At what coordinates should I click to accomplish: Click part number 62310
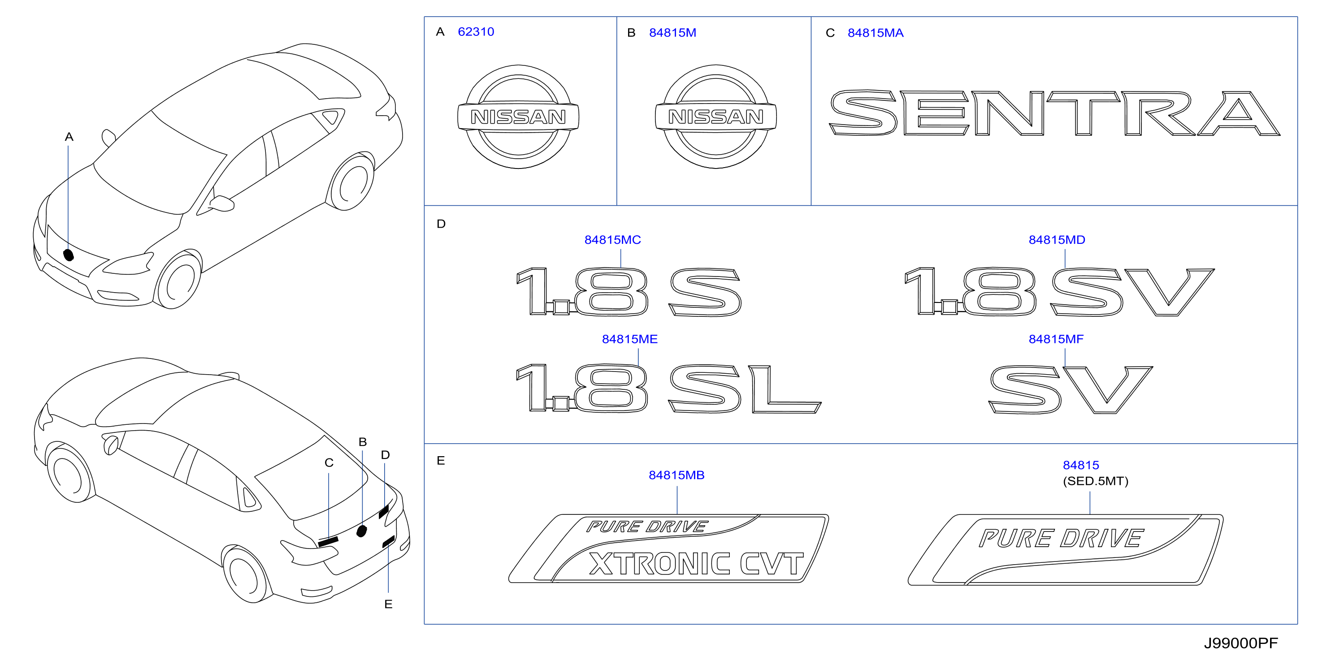pyautogui.click(x=476, y=32)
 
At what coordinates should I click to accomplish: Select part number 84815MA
pyautogui.click(x=875, y=33)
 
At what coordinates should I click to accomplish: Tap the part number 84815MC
pyautogui.click(x=612, y=240)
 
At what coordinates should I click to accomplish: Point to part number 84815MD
pyautogui.click(x=1057, y=240)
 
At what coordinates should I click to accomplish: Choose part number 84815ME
pyautogui.click(x=629, y=339)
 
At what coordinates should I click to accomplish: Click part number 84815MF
pyautogui.click(x=1056, y=339)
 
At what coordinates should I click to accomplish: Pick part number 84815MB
pyautogui.click(x=676, y=475)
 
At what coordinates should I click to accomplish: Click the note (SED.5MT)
pyautogui.click(x=1095, y=481)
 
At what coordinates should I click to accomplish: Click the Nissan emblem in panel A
pyautogui.click(x=518, y=117)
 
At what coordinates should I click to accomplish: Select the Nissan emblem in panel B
pyautogui.click(x=715, y=117)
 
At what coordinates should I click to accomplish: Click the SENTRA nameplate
pyautogui.click(x=1054, y=113)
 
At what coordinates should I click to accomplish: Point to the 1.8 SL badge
pyautogui.click(x=668, y=388)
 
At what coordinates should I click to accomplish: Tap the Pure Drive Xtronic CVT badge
pyautogui.click(x=668, y=548)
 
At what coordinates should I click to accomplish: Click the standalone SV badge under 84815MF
pyautogui.click(x=1071, y=390)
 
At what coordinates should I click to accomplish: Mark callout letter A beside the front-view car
pyautogui.click(x=69, y=137)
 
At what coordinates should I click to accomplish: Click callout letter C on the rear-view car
pyautogui.click(x=329, y=462)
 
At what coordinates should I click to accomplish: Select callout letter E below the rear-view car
pyautogui.click(x=389, y=604)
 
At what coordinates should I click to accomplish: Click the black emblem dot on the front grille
pyautogui.click(x=68, y=255)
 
